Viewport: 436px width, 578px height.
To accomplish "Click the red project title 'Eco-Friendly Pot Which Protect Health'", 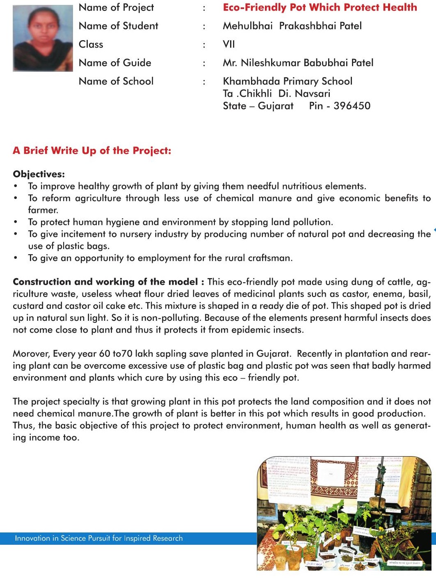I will pos(320,7).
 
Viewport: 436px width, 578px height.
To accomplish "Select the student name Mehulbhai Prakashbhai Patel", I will pos(292,26).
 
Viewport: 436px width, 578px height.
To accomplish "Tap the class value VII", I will pos(228,44).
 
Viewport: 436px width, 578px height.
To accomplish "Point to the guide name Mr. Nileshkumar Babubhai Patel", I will pos(298,63).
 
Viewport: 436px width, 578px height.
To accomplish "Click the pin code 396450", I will pos(352,106).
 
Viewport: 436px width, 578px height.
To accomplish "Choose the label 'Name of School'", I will pos(116,81).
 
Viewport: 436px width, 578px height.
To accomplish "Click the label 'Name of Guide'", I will pos(115,63).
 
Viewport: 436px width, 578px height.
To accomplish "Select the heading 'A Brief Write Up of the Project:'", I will pos(92,151).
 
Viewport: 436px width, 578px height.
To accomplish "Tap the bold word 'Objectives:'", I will pos(39,174).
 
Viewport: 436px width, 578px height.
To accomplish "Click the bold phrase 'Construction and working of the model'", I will pos(105,282).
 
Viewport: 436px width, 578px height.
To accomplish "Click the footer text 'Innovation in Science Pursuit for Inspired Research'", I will pos(99,538).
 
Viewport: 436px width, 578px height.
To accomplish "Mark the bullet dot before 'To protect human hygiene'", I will pos(16,222).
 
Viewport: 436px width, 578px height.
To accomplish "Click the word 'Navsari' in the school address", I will pos(313,94).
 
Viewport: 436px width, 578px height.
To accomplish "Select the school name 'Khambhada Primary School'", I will pos(288,81).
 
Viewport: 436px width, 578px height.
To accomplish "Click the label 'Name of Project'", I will pos(116,7).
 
